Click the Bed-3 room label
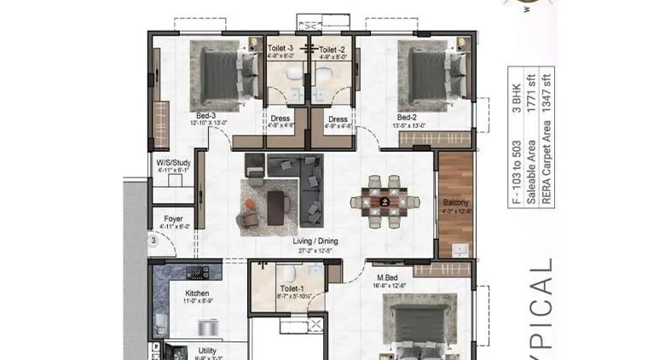coord(205,115)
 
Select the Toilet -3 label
coord(281,49)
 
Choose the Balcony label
coord(455,203)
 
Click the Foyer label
coord(171,218)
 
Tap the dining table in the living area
coord(385,202)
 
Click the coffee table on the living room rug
coord(275,206)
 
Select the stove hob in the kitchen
coord(198,272)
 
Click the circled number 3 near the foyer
coord(153,241)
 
